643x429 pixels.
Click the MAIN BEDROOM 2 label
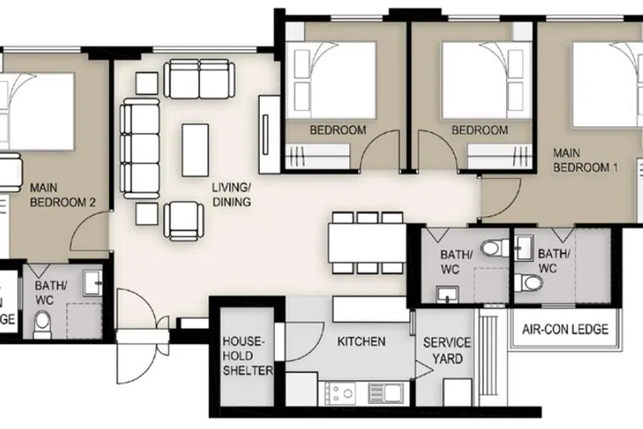click(63, 196)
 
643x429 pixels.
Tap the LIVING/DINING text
click(230, 196)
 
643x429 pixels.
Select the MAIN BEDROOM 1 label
click(586, 160)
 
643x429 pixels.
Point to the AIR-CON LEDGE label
click(565, 330)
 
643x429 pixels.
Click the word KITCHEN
click(361, 341)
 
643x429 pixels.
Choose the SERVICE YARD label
click(447, 350)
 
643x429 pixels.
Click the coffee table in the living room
click(196, 149)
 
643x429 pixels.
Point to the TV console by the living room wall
click(265, 134)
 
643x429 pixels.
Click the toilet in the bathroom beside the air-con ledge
click(532, 283)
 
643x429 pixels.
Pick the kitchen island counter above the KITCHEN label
click(371, 310)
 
